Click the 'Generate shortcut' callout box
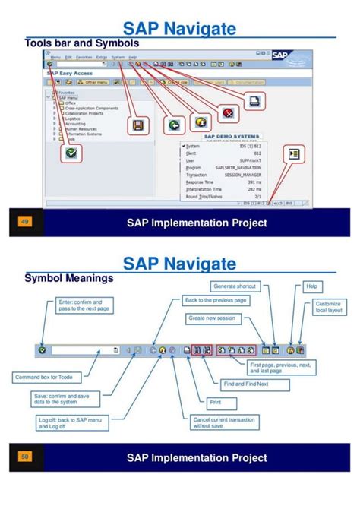click(x=235, y=286)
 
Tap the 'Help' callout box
click(x=311, y=286)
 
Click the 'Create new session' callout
click(x=212, y=318)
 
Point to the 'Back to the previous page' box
click(x=215, y=301)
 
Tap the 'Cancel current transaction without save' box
click(x=223, y=422)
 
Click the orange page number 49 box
click(x=25, y=222)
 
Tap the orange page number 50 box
click(x=25, y=457)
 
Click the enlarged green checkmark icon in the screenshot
click(x=71, y=153)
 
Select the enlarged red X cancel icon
click(x=228, y=113)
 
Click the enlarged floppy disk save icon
click(x=138, y=125)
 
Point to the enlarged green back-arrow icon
click(x=174, y=125)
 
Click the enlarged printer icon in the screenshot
click(x=255, y=100)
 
